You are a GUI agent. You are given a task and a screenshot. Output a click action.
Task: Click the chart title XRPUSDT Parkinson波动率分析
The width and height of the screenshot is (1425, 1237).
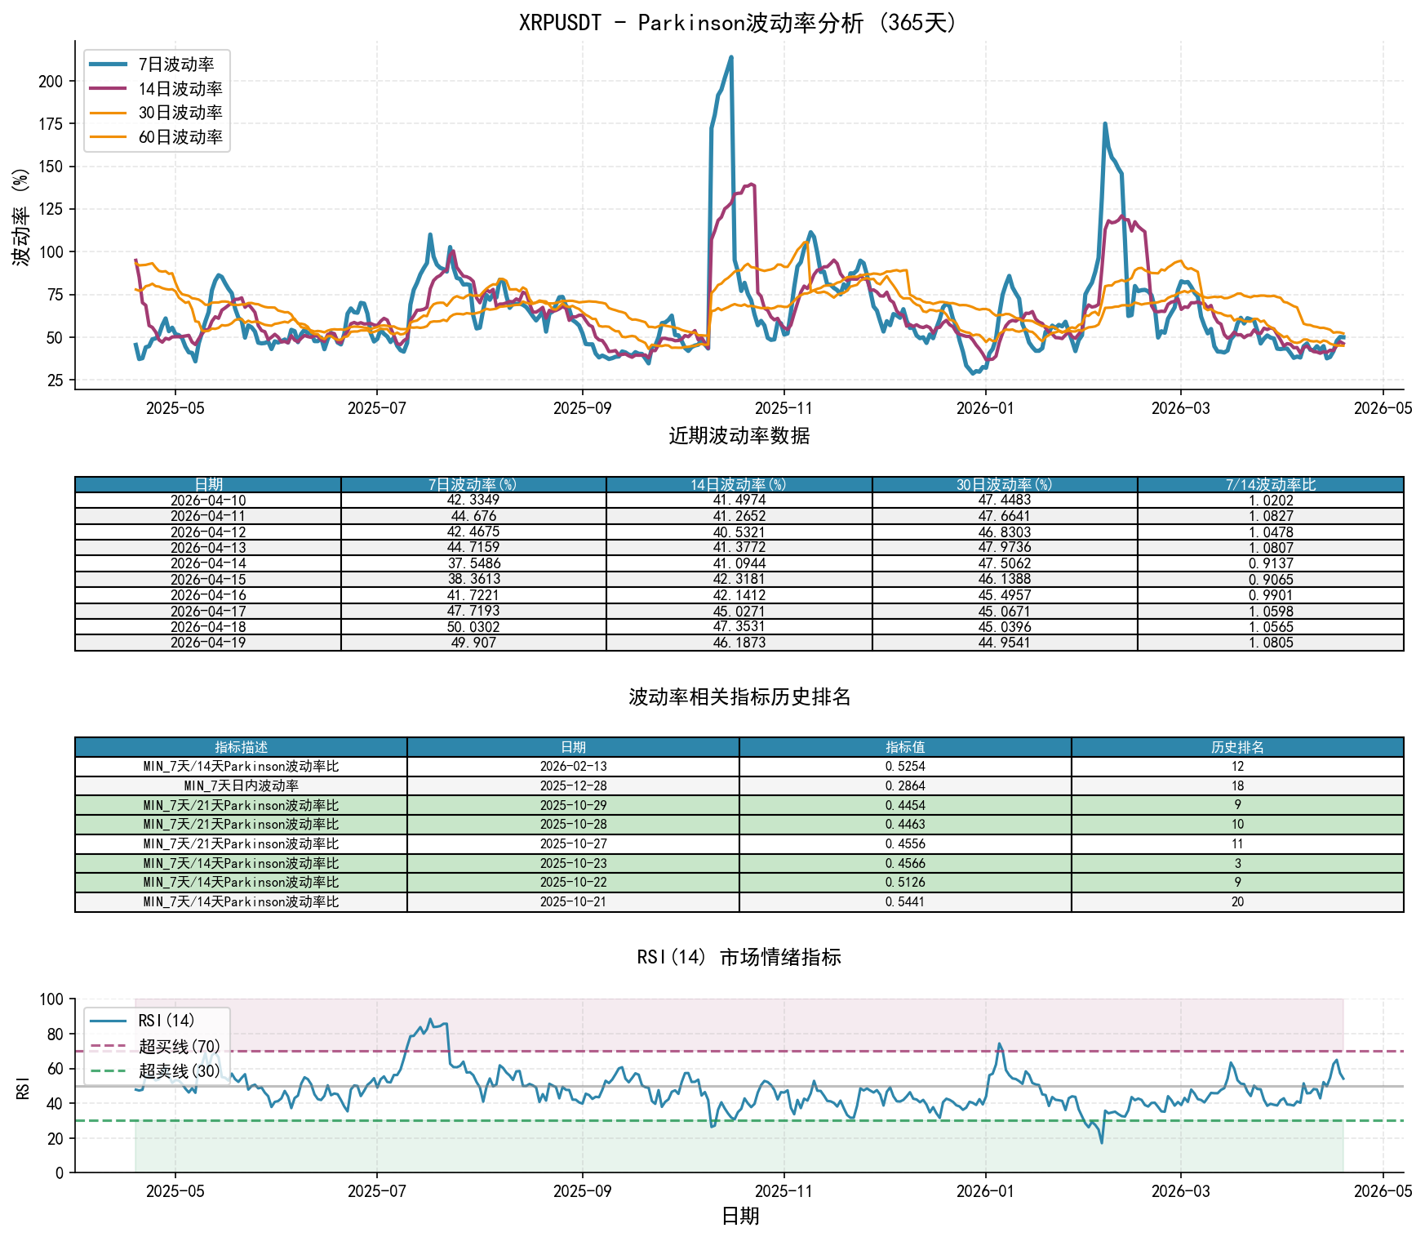pos(739,22)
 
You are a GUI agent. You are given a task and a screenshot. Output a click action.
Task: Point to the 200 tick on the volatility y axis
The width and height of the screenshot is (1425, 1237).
pos(51,81)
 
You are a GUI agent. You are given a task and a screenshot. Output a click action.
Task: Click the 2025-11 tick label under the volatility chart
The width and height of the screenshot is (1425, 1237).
pos(784,408)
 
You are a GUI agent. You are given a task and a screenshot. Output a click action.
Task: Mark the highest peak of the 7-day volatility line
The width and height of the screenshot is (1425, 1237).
pos(731,57)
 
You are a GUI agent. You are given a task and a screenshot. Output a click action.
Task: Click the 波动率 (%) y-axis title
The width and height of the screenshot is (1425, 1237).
pos(21,217)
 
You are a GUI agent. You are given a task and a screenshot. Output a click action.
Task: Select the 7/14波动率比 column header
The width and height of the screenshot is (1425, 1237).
pos(1271,485)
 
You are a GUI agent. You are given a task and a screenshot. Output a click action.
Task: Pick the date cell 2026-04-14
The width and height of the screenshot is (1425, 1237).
pos(208,563)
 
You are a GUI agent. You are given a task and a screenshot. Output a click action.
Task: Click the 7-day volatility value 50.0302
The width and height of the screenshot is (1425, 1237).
pos(473,627)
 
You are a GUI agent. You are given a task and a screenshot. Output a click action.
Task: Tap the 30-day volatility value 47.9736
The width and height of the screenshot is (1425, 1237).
pos(1005,548)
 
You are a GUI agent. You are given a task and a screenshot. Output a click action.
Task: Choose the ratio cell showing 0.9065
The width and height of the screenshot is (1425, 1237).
pos(1271,580)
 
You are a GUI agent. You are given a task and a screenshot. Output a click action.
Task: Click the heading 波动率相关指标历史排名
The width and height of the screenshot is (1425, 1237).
pos(739,696)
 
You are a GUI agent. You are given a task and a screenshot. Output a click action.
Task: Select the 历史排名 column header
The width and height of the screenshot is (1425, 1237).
pos(1237,747)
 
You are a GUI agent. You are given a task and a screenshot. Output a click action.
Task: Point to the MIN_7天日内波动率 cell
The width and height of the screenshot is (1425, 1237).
pos(241,786)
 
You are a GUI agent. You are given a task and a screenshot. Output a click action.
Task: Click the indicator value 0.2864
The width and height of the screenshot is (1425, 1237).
pos(905,786)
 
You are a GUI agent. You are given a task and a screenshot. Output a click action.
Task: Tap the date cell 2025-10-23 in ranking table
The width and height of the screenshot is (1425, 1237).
pos(573,864)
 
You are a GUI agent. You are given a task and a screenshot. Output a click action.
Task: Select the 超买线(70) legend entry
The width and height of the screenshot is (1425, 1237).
pos(180,1046)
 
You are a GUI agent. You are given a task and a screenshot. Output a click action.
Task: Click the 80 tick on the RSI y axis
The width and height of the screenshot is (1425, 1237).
pos(55,1034)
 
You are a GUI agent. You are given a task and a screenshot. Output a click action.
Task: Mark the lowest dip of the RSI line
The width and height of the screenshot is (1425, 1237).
pos(1101,1142)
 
